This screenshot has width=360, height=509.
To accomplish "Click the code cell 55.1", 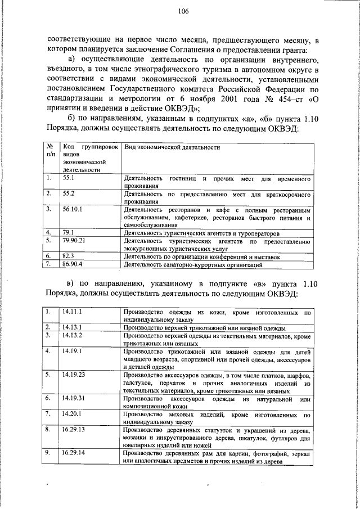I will (69, 178).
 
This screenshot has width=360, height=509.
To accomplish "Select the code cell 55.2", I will (69, 193).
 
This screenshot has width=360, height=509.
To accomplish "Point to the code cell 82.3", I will (69, 255).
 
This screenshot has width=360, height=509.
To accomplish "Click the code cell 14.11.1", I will (73, 310).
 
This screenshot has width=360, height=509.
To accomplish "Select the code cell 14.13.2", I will (73, 335).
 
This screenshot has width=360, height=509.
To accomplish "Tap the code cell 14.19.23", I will (74, 373).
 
